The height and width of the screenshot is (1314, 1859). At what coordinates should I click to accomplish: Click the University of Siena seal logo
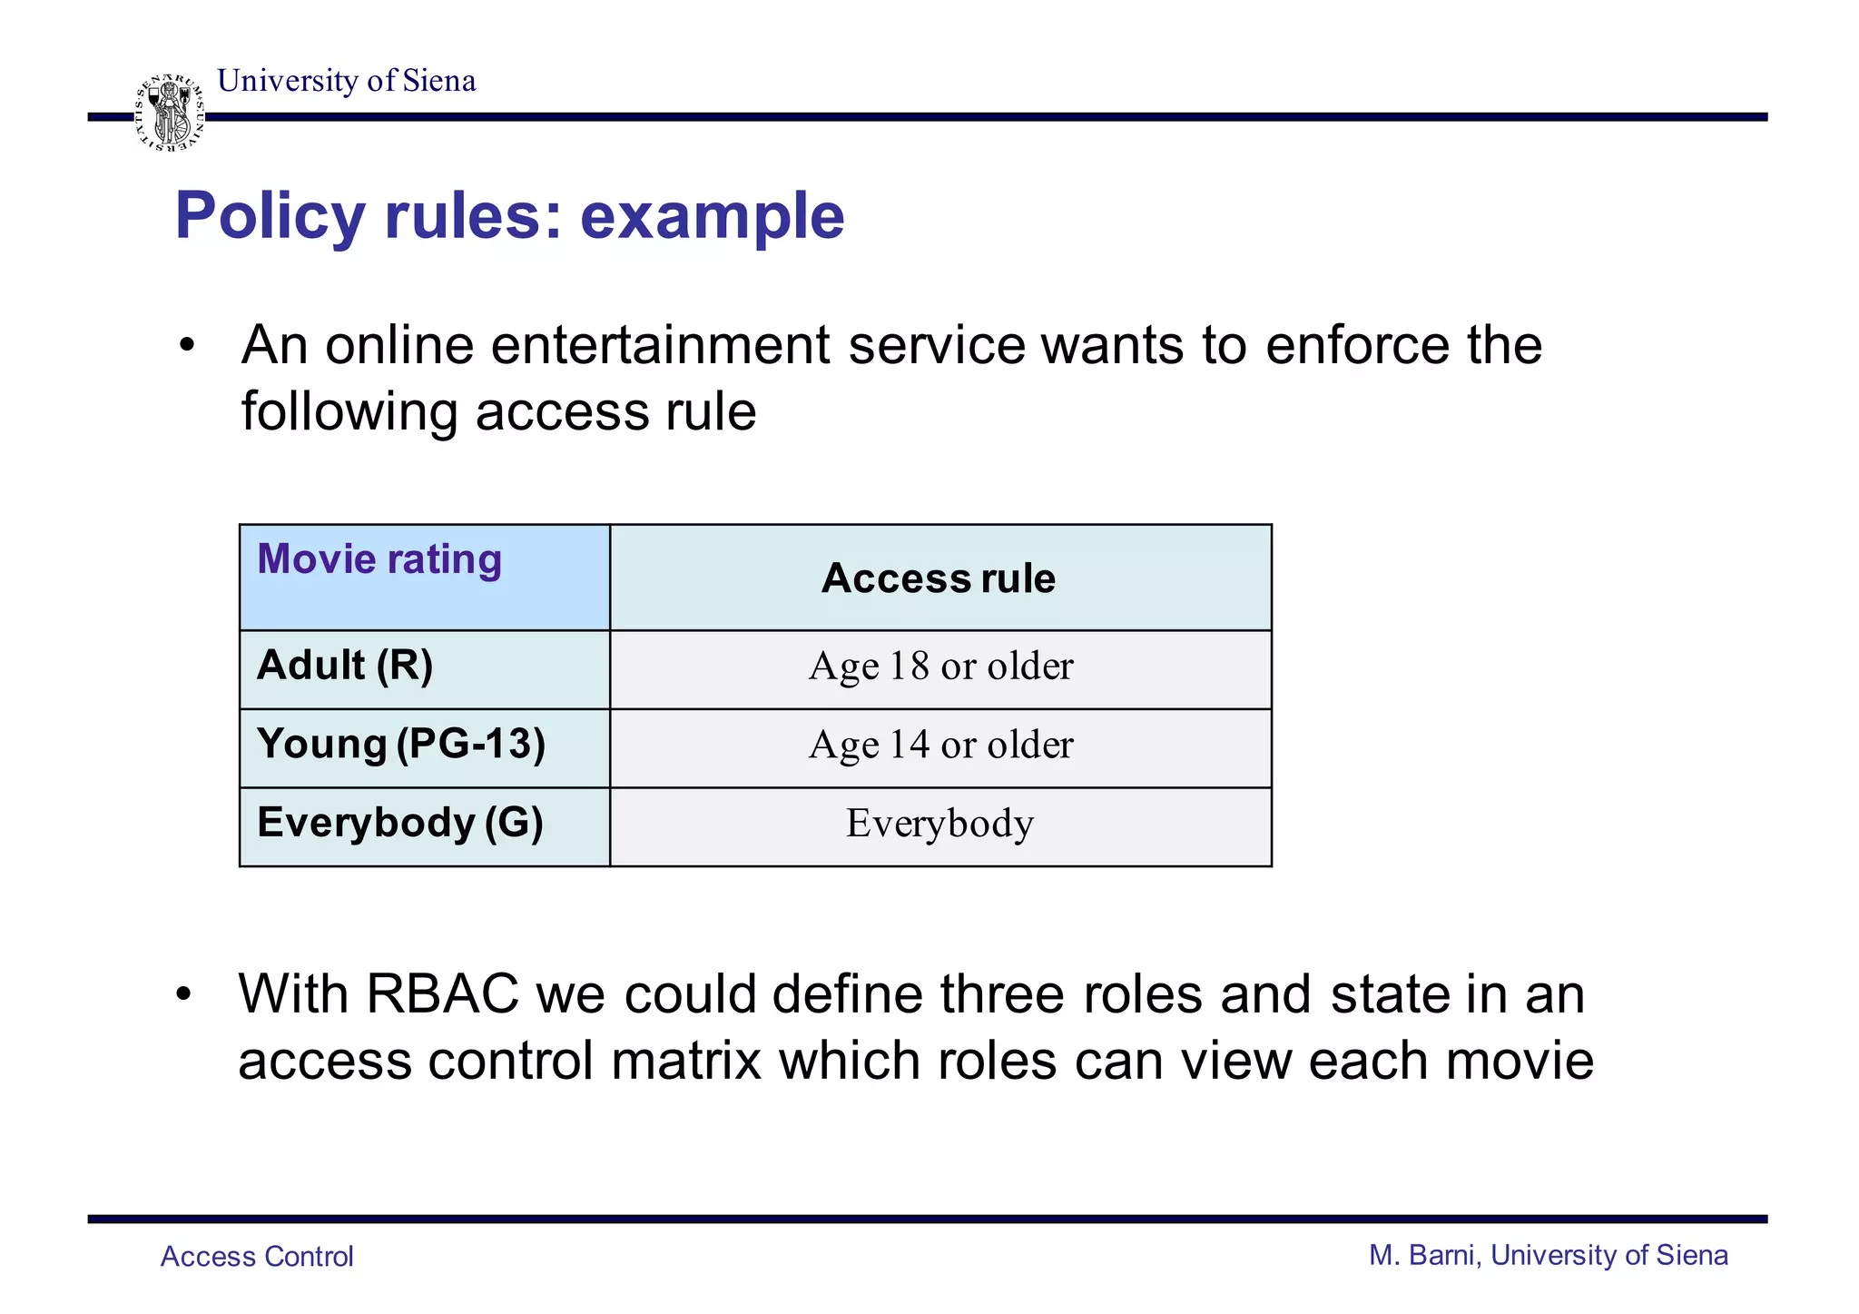point(169,113)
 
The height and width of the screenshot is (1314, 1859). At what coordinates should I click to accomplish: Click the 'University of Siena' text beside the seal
point(346,81)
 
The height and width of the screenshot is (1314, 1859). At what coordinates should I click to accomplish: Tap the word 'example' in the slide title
point(712,216)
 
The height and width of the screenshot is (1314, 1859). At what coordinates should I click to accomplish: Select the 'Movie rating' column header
point(379,559)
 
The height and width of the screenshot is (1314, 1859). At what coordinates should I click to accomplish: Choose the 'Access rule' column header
point(939,578)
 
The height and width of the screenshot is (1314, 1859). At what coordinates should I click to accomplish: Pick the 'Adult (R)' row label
point(345,666)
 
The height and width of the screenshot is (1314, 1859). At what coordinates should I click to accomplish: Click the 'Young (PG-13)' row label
point(401,745)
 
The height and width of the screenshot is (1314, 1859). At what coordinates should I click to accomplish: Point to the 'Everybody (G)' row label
point(400,823)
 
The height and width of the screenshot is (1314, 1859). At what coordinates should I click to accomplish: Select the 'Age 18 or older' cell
point(940,667)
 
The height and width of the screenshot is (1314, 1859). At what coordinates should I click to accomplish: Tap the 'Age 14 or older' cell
point(940,746)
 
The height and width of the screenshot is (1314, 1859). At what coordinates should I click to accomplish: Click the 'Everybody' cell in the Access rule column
point(939,824)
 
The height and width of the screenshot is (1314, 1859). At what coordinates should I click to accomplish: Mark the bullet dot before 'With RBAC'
point(184,995)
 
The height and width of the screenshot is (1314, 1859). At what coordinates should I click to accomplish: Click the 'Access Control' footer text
point(257,1257)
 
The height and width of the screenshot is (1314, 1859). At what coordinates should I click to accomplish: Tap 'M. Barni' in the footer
point(1424,1256)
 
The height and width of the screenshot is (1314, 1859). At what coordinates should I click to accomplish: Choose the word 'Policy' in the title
point(270,216)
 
